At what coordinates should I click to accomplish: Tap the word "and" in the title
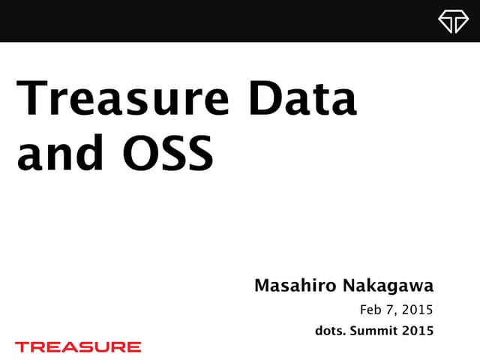pos(59,152)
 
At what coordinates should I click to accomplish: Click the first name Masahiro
pos(295,286)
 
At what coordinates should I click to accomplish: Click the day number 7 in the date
pos(395,310)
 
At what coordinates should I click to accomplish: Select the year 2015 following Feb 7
pos(418,309)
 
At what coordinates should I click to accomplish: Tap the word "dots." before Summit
pos(332,329)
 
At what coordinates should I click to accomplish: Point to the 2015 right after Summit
pos(418,329)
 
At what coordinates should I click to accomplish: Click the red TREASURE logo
pos(78,346)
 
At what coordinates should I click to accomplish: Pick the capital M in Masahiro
pos(262,286)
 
